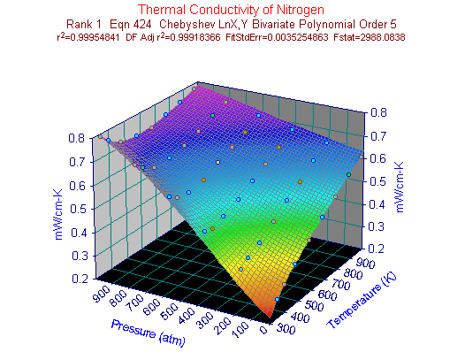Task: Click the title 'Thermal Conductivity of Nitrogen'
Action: (231, 10)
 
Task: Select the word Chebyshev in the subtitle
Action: (187, 25)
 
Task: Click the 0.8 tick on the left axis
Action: (77, 138)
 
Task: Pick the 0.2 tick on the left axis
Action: (80, 279)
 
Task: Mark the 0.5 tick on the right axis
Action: (377, 181)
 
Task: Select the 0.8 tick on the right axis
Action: (378, 113)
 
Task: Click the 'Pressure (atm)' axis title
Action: (149, 333)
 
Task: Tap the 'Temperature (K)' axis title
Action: (362, 302)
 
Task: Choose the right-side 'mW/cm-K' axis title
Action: (400, 188)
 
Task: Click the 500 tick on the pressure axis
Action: (169, 310)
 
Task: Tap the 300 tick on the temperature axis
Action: (286, 329)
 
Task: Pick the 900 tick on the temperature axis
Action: (366, 263)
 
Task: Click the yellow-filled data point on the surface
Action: (218, 163)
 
